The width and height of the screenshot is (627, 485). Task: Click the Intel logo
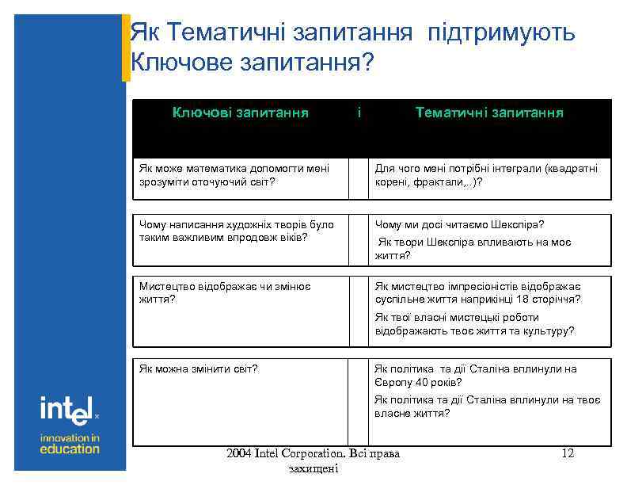click(x=69, y=410)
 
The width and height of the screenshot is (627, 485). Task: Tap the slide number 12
click(x=567, y=453)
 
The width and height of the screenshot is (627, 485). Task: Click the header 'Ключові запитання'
click(x=241, y=113)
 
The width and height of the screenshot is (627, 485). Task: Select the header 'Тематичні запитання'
click(x=489, y=113)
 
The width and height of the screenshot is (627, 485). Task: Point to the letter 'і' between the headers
click(x=359, y=113)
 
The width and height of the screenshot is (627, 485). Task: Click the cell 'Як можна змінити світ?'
click(x=199, y=369)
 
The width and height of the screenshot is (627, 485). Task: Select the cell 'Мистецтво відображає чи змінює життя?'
click(x=225, y=293)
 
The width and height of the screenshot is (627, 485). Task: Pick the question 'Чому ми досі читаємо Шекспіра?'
click(x=460, y=224)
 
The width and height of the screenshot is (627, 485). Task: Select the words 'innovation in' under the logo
click(x=70, y=437)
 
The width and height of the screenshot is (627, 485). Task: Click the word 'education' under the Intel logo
click(x=70, y=449)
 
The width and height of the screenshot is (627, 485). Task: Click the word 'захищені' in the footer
click(x=314, y=469)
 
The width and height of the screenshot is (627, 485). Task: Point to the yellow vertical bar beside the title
click(x=125, y=48)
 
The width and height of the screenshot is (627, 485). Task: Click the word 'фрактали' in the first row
click(x=434, y=181)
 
